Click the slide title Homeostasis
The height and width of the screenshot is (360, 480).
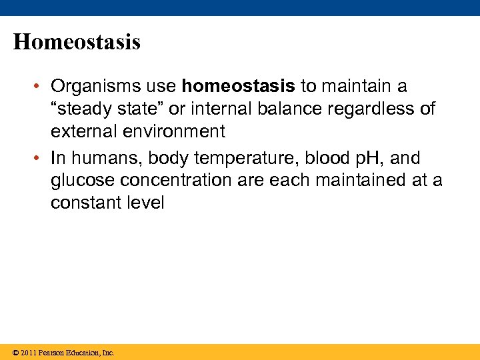77,43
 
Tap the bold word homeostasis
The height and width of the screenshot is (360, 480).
238,87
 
